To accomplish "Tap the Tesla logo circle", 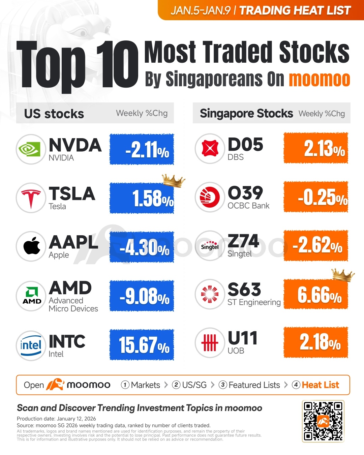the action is [x=31, y=198].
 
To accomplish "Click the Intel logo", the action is [x=31, y=345].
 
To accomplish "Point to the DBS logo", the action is [x=210, y=148].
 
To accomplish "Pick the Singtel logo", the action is [x=210, y=246].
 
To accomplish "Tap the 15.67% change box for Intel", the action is [x=142, y=345].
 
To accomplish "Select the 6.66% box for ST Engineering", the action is [x=316, y=294].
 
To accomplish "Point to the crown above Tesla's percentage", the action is [x=173, y=181].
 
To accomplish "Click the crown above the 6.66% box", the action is [x=343, y=275].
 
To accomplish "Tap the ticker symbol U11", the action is [x=243, y=338].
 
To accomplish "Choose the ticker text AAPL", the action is [x=73, y=242].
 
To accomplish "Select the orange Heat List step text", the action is [x=320, y=385].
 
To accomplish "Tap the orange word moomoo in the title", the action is [x=320, y=80].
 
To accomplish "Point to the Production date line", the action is [x=56, y=419].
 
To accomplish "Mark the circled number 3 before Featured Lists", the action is [x=223, y=385].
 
